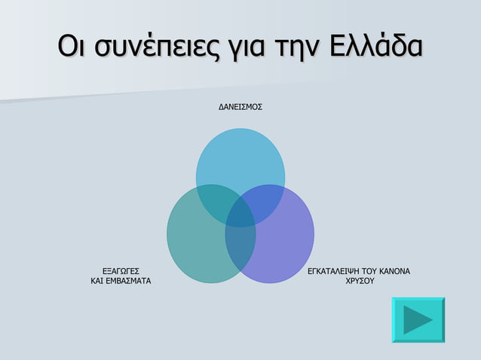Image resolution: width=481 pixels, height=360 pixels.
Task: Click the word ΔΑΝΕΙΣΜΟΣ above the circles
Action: point(240,108)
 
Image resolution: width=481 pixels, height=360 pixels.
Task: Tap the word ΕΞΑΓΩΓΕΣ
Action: point(120,270)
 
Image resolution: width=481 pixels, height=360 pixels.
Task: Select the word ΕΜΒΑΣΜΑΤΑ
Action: point(128,281)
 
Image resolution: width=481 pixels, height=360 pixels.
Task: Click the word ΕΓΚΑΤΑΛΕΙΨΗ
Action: point(336,270)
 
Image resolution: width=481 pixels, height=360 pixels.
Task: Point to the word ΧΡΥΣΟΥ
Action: point(360,281)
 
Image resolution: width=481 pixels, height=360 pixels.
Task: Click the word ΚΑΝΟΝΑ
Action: point(395,270)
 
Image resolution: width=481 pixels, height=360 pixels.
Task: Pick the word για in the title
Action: point(240,45)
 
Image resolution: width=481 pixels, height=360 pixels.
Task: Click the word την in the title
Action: point(290,45)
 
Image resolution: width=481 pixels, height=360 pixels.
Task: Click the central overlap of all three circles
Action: point(240,213)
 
